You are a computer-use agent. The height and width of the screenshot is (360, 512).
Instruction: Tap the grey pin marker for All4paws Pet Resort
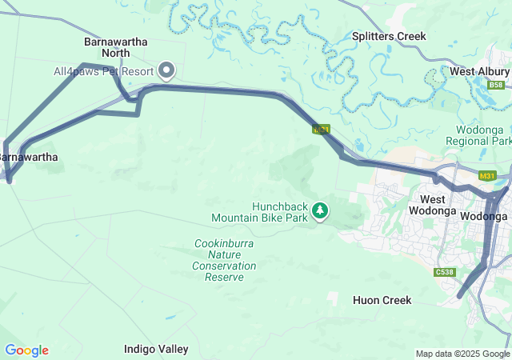pyautogui.click(x=167, y=70)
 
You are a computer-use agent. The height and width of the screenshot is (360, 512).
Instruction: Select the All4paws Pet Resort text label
pyautogui.click(x=103, y=71)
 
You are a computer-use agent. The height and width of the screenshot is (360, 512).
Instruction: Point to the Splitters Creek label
pyautogui.click(x=389, y=36)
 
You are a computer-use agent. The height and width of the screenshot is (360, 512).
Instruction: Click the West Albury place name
pyautogui.click(x=479, y=71)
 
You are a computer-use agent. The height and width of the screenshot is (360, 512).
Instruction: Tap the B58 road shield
pyautogui.click(x=497, y=85)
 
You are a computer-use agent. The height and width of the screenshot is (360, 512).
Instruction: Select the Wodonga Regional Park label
pyautogui.click(x=483, y=135)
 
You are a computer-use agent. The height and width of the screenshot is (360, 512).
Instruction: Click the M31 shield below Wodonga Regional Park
pyautogui.click(x=486, y=176)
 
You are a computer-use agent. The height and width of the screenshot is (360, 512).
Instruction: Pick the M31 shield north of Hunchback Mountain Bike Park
pyautogui.click(x=321, y=129)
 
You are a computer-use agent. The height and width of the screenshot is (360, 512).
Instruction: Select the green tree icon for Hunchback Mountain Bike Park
pyautogui.click(x=320, y=210)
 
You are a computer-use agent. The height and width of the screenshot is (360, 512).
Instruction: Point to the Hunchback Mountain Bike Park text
pyautogui.click(x=259, y=211)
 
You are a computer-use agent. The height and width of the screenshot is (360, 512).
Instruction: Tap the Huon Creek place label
pyautogui.click(x=382, y=300)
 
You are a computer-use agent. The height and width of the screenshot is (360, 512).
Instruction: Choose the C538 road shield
pyautogui.click(x=445, y=273)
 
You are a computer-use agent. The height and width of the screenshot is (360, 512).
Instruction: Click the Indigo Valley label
pyautogui.click(x=156, y=349)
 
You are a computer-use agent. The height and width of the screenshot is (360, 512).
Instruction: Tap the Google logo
pyautogui.click(x=26, y=350)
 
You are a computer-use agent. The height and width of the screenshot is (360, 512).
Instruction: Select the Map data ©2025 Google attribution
pyautogui.click(x=462, y=354)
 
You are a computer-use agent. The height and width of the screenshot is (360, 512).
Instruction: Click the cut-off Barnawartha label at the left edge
pyautogui.click(x=29, y=157)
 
